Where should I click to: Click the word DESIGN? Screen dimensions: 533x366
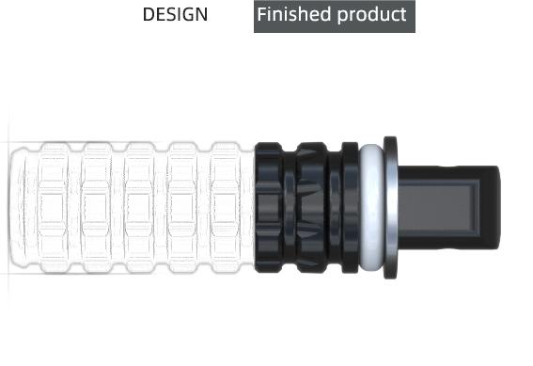tap(175, 15)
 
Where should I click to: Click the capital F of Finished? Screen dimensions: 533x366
tap(261, 14)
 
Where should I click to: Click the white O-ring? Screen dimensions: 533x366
tap(371, 208)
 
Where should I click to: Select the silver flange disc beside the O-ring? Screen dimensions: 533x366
tap(390, 208)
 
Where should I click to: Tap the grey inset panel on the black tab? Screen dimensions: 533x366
tap(438, 209)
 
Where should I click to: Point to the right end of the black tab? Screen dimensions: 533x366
tap(500, 208)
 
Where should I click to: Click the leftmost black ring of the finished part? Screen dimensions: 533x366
tap(269, 208)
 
